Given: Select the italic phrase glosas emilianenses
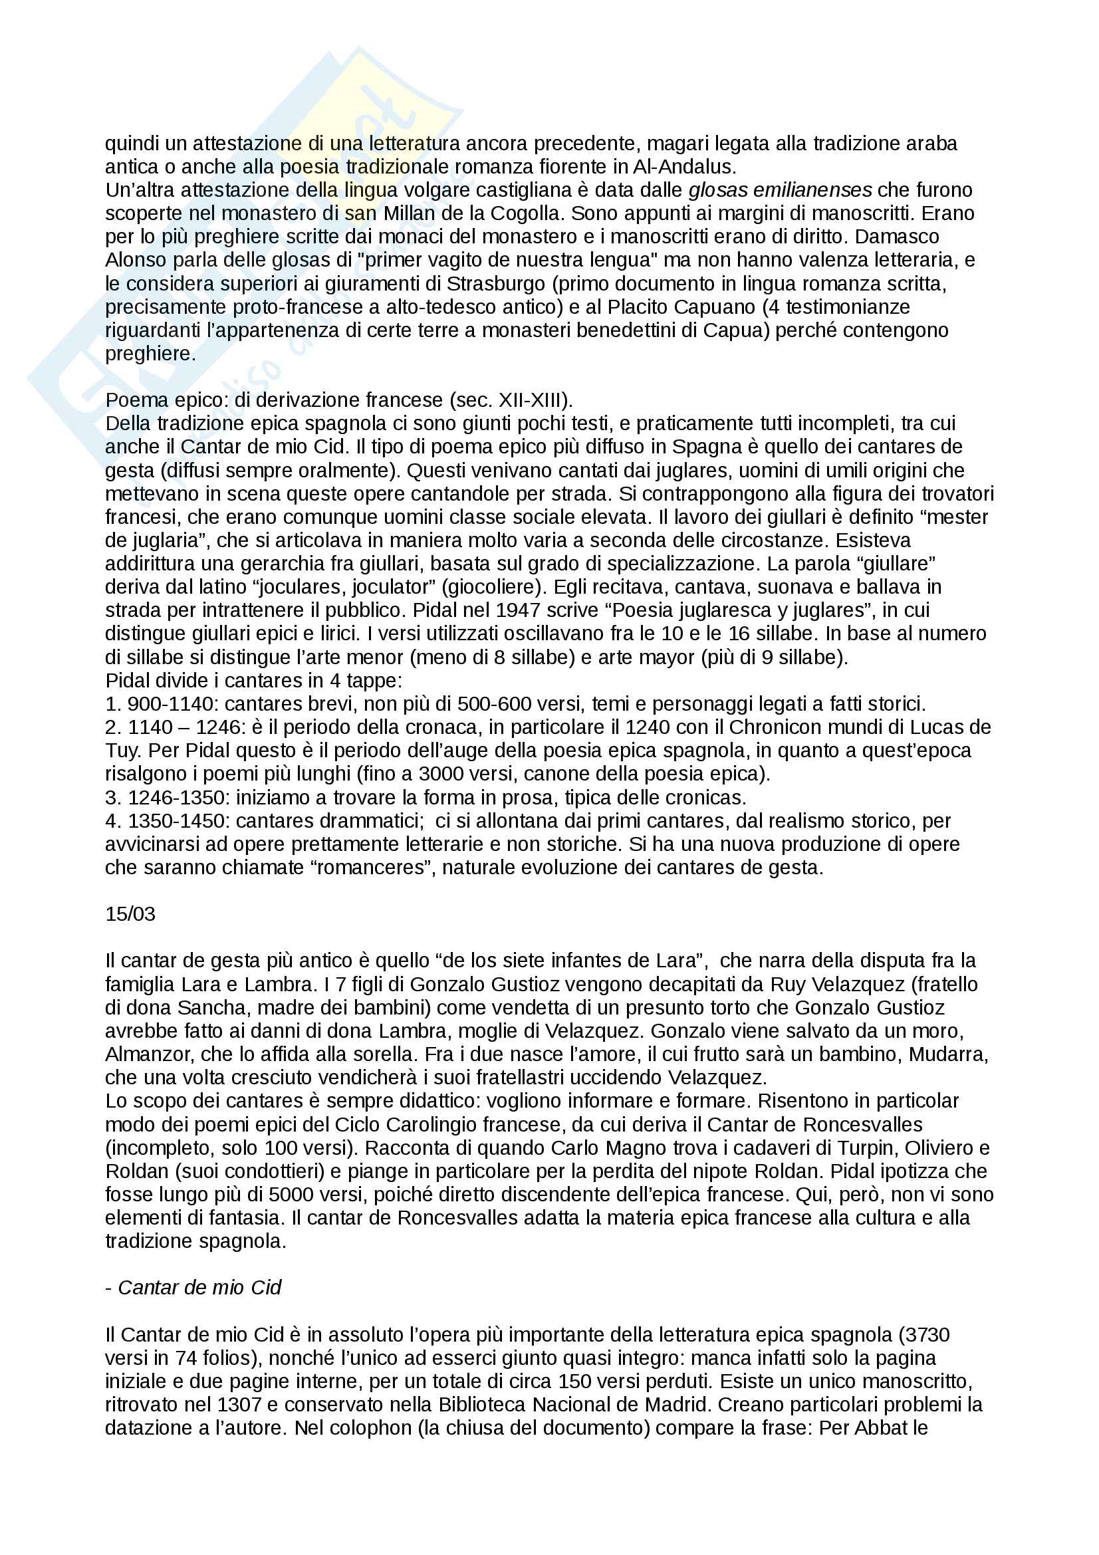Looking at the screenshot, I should click(780, 190).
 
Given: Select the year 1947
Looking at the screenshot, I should click(518, 610).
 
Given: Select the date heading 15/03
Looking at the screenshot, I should click(130, 914).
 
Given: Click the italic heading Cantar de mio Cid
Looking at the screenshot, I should click(199, 1288).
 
